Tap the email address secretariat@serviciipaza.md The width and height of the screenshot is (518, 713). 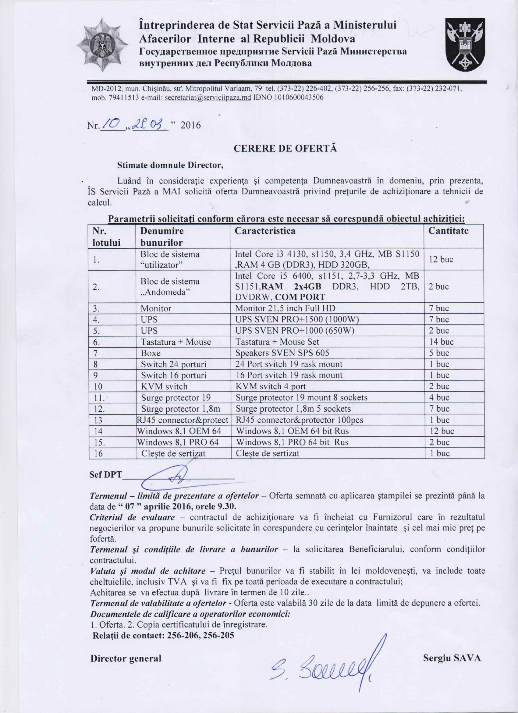tap(208, 98)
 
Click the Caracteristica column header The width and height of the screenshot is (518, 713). tap(266, 231)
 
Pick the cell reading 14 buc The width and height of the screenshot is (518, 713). tap(441, 342)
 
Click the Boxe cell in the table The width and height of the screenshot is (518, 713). tap(151, 353)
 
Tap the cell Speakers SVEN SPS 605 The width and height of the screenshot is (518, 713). tap(282, 353)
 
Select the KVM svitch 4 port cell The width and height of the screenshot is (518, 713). tap(271, 386)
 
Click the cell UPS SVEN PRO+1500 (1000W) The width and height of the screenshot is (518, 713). tap(297, 319)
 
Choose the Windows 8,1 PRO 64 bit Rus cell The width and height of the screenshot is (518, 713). tap(292, 442)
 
